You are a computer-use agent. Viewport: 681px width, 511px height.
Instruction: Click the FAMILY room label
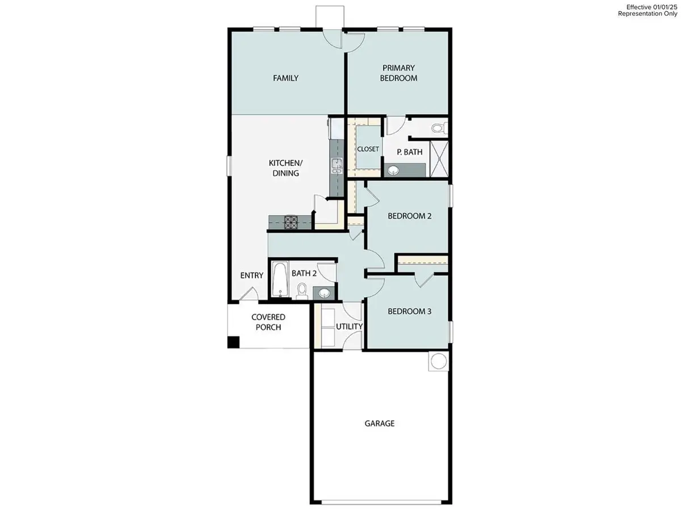[x=285, y=78]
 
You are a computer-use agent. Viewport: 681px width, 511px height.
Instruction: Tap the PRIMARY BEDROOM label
[x=398, y=73]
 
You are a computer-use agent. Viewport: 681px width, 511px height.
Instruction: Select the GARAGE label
[x=379, y=423]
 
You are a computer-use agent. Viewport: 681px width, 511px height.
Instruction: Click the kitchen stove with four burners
[x=291, y=221]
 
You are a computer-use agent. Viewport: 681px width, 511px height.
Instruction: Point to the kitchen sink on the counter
[x=336, y=166]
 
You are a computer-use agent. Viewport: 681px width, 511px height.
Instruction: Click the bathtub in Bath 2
[x=279, y=279]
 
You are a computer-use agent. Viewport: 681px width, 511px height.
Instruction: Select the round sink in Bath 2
[x=323, y=293]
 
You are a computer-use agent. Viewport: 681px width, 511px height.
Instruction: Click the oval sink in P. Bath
[x=393, y=170]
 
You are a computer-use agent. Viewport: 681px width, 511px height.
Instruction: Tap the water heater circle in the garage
[x=438, y=361]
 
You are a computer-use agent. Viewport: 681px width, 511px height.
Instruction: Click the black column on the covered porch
[x=233, y=342]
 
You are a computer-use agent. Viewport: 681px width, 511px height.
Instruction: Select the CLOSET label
[x=368, y=149]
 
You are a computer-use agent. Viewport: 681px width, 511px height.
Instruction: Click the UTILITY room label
[x=349, y=327]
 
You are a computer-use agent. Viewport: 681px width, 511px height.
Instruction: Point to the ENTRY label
[x=251, y=275]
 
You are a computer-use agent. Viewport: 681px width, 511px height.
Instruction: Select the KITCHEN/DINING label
[x=284, y=168]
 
